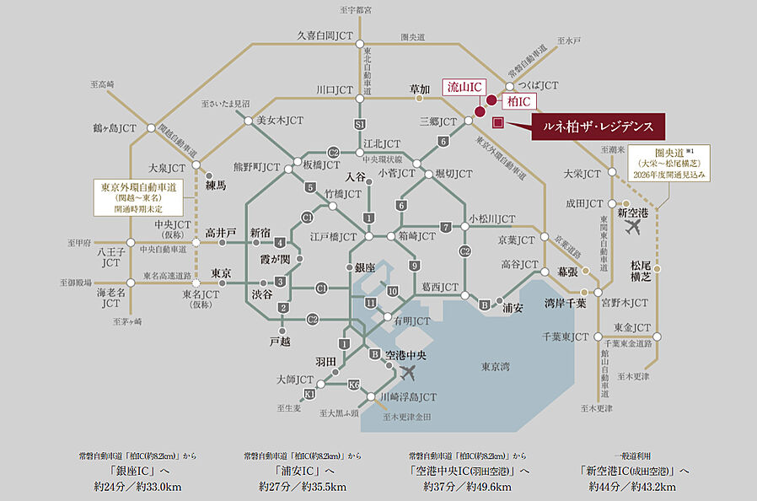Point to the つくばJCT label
click(538, 86)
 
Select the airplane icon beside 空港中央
click(410, 370)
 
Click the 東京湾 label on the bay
click(496, 366)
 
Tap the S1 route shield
click(360, 124)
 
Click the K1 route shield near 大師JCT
click(310, 394)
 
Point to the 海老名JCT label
click(111, 298)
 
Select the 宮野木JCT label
click(624, 301)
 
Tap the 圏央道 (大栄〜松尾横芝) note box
click(673, 162)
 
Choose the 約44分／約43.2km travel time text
click(632, 487)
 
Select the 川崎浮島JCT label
click(408, 396)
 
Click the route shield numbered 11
click(370, 302)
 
